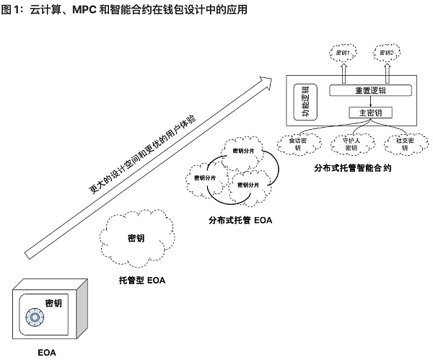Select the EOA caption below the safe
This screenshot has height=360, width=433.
pyautogui.click(x=46, y=353)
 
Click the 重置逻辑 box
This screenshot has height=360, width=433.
pyautogui.click(x=370, y=90)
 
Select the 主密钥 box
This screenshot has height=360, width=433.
pyautogui.click(x=370, y=113)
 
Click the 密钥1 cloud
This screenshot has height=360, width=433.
pyautogui.click(x=344, y=53)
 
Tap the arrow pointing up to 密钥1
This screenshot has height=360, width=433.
pyautogui.click(x=344, y=72)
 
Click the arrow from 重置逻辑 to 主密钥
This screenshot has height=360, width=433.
pyautogui.click(x=370, y=102)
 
